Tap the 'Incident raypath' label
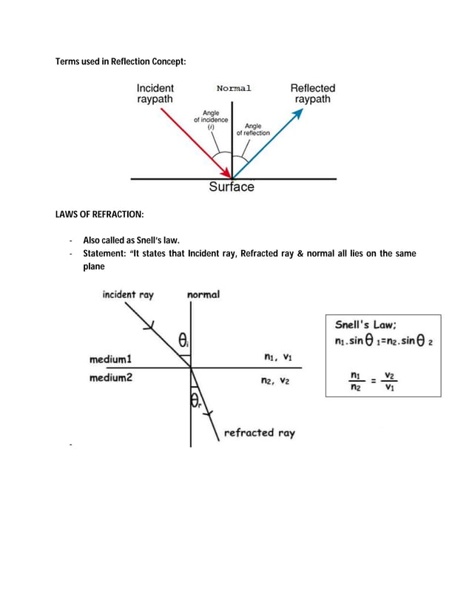(x=155, y=93)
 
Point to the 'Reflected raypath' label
(x=312, y=93)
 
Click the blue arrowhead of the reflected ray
(x=298, y=113)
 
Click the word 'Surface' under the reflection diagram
(x=232, y=187)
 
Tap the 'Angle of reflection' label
(x=253, y=129)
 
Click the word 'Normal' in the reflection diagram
(x=234, y=88)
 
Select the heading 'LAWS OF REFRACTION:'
(x=100, y=215)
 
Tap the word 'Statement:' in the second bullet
(x=106, y=254)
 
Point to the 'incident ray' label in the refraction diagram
(x=127, y=294)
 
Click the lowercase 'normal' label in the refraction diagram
(x=203, y=294)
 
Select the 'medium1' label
(x=110, y=359)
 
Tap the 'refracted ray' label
(x=259, y=433)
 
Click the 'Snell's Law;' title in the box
(x=366, y=324)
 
